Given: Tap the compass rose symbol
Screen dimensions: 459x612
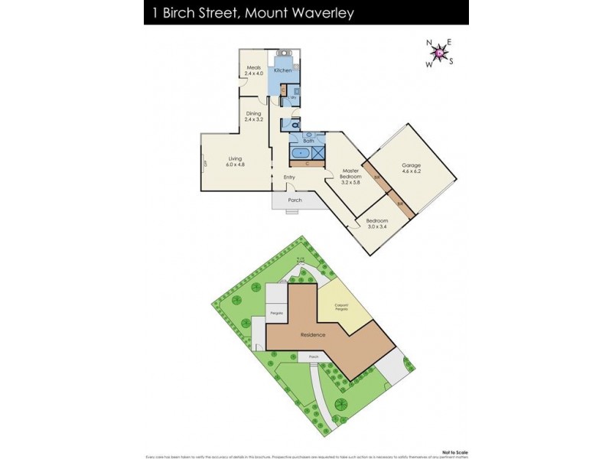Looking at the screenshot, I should tap(440, 52).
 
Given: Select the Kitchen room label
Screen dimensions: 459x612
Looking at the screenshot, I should tap(283, 70).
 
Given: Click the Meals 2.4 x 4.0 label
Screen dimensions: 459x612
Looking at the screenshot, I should tap(255, 70).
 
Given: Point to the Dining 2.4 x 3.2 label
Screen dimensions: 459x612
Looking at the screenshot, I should tap(253, 117).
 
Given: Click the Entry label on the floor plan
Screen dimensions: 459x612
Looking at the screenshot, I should tap(289, 177).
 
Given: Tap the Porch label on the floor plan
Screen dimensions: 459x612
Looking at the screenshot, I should tap(295, 200).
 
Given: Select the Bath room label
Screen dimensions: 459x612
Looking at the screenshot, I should tap(308, 141).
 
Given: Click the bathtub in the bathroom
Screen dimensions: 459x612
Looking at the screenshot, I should tap(301, 153).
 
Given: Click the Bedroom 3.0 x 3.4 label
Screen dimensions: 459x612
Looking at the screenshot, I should tap(376, 223).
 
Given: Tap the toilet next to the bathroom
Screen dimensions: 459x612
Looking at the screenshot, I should tap(296, 125).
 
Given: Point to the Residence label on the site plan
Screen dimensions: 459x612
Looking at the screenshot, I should tap(313, 335).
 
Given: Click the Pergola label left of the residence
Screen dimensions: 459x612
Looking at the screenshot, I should tap(275, 314).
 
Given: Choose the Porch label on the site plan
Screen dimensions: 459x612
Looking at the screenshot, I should tap(313, 356).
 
